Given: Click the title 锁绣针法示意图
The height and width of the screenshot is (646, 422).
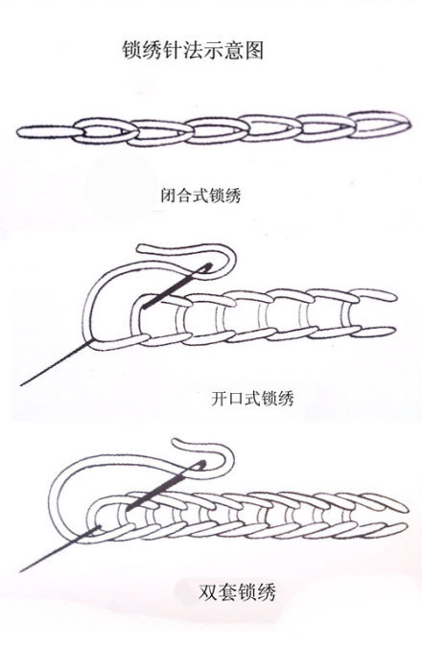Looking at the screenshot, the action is coord(193,50).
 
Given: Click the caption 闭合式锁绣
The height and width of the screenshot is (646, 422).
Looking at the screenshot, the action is coord(200,195).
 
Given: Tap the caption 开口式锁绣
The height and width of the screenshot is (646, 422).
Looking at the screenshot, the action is coord(252,399).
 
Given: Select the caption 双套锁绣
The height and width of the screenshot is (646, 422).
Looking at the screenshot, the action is coord(237,592).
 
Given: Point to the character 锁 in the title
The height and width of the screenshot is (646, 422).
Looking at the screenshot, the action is coord(131,50).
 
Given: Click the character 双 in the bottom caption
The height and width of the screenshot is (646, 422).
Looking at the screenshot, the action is coord(207,592).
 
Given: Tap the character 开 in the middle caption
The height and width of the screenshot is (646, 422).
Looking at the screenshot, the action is coord(220,399).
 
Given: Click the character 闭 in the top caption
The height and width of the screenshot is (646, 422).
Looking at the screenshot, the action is coord(169,196).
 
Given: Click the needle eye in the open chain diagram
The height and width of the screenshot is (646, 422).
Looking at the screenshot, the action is coord(206,267).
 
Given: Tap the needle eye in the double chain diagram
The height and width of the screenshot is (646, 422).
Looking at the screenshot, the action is coord(199,465).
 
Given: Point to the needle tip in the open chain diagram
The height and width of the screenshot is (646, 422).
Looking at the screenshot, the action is coord(21,385).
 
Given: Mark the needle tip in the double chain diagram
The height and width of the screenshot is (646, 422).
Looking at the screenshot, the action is coord(20,571).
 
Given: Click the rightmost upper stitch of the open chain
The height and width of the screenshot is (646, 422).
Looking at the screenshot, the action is coord(373,295).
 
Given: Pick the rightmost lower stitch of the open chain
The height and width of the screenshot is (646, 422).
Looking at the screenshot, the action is coord(374,332).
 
